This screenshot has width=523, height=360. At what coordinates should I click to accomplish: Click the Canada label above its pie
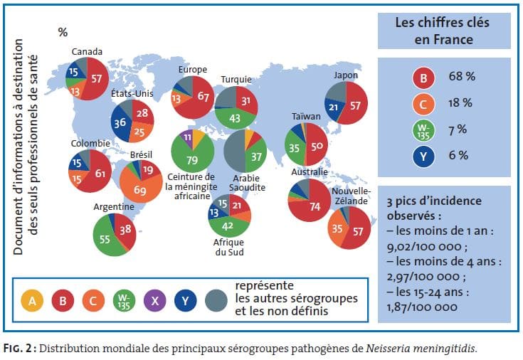tap(87, 51)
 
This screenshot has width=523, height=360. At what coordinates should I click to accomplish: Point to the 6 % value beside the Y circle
tap(458, 154)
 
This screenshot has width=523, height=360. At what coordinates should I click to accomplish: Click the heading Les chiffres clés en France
tap(443, 30)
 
